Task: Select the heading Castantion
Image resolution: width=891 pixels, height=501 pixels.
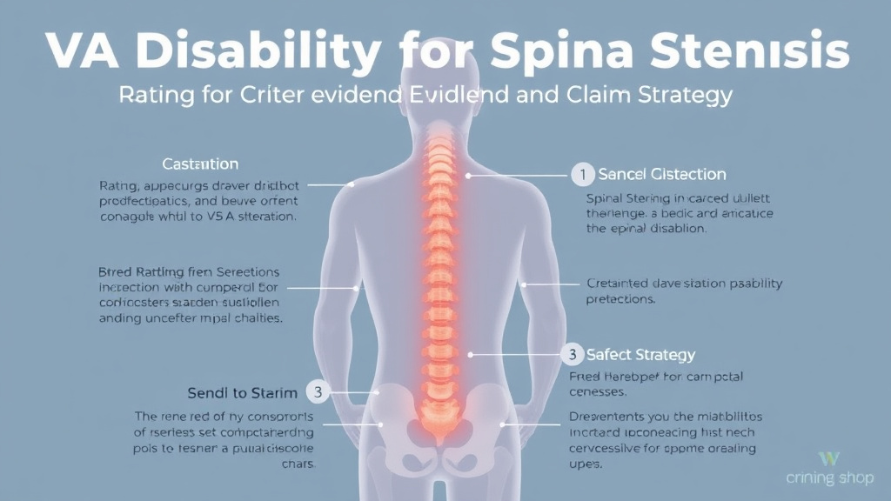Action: click(200, 164)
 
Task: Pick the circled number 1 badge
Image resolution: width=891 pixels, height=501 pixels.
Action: click(582, 175)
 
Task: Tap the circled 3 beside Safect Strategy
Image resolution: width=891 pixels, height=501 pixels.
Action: click(572, 354)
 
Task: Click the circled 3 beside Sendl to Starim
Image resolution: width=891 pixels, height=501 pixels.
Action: click(318, 392)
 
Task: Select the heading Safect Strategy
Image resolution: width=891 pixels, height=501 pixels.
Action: click(640, 354)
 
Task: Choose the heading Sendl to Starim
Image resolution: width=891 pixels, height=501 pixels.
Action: click(242, 392)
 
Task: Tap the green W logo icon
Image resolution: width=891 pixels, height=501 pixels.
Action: click(829, 458)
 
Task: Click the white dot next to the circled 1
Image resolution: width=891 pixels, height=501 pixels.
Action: click(468, 175)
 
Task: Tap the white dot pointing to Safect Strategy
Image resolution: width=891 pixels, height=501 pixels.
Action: click(470, 354)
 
